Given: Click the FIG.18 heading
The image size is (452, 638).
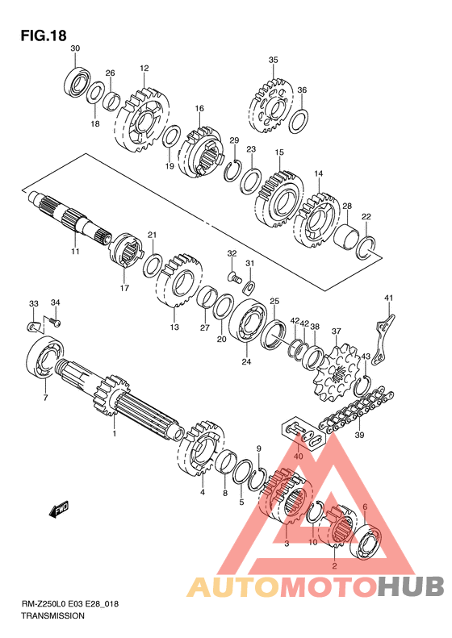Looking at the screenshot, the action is point(44,35).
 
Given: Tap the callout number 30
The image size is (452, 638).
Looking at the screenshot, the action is point(75,48).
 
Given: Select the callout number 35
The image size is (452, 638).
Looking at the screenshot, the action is point(274,60).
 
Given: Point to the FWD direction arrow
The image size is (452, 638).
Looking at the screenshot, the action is point(58,509).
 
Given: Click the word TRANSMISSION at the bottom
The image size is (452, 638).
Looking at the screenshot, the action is point(52,615).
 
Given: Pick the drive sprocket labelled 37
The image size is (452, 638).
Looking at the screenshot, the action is point(337,373).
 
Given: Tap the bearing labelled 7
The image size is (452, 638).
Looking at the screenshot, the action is point(44,357).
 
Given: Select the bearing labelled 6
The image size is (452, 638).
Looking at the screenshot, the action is point(366,539).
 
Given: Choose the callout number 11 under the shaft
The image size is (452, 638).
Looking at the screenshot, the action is point(75,252).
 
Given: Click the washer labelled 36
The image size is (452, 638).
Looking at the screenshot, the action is point(299,120).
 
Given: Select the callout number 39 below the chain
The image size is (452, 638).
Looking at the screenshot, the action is point(359,435).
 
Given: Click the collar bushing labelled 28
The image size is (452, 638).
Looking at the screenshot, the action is point(346,239).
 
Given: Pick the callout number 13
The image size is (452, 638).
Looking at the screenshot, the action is point(174,327).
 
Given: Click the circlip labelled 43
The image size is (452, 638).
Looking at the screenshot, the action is point(362,386).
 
